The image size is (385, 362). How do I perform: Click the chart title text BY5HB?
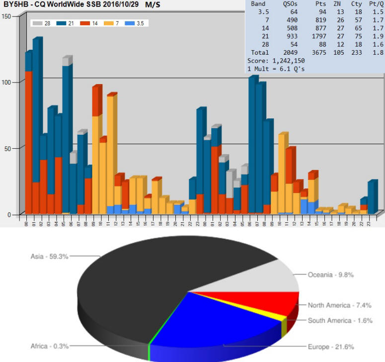[14, 4]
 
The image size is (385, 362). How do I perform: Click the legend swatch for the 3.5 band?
[131, 23]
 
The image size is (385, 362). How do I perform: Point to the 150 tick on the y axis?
[6, 16]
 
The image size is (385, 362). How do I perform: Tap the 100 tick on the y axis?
[6, 82]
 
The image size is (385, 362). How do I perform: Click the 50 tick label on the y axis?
[7, 148]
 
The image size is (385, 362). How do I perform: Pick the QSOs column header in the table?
[290, 3]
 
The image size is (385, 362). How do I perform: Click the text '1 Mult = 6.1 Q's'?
[276, 68]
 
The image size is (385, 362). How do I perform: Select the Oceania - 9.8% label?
[330, 274]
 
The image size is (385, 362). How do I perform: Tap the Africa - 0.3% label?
[49, 346]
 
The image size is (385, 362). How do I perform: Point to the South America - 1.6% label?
[340, 321]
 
